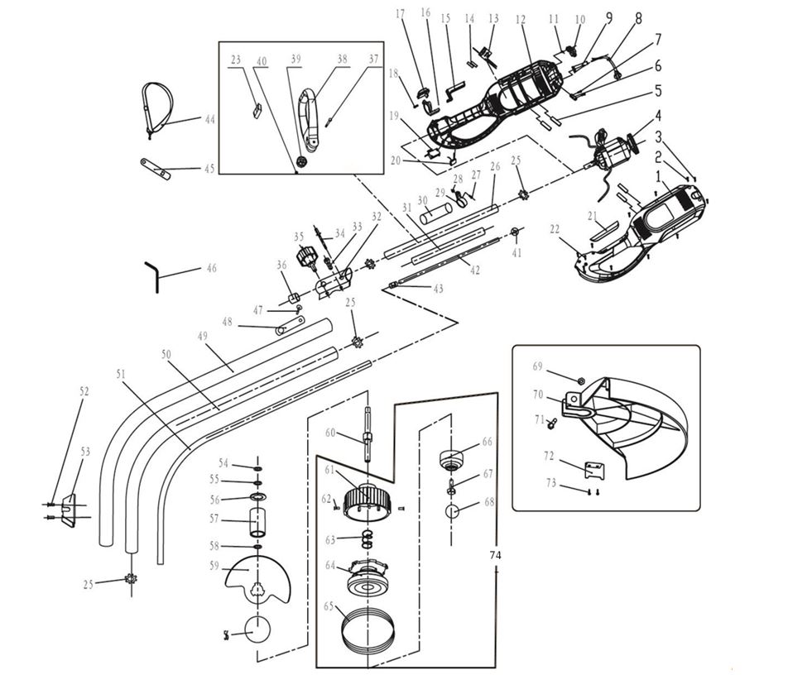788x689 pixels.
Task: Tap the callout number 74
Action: pyautogui.click(x=496, y=554)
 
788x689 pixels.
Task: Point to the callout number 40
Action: pyautogui.click(x=262, y=60)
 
